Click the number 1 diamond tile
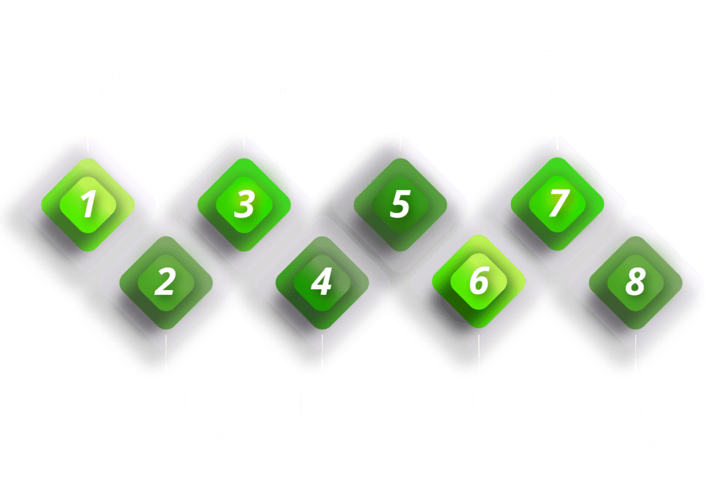pyautogui.click(x=88, y=204)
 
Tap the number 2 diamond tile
pyautogui.click(x=166, y=283)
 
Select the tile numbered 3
pyautogui.click(x=244, y=204)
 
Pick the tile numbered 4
pyautogui.click(x=322, y=283)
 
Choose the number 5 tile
pyautogui.click(x=400, y=204)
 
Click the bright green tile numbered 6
pyautogui.click(x=479, y=283)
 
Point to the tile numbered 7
pyautogui.click(x=557, y=204)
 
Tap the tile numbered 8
pyautogui.click(x=635, y=283)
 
